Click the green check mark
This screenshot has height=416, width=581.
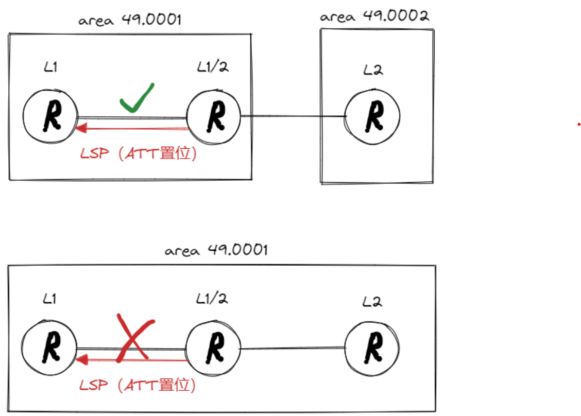coord(136,98)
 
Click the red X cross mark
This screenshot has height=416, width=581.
coord(135,337)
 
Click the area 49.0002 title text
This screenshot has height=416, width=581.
coord(374,16)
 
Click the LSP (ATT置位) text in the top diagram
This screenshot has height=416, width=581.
coord(138,153)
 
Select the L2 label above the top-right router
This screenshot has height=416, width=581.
coord(372,71)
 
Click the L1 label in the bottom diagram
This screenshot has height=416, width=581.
coord(49,299)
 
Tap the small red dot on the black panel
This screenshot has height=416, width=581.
coord(579,124)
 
